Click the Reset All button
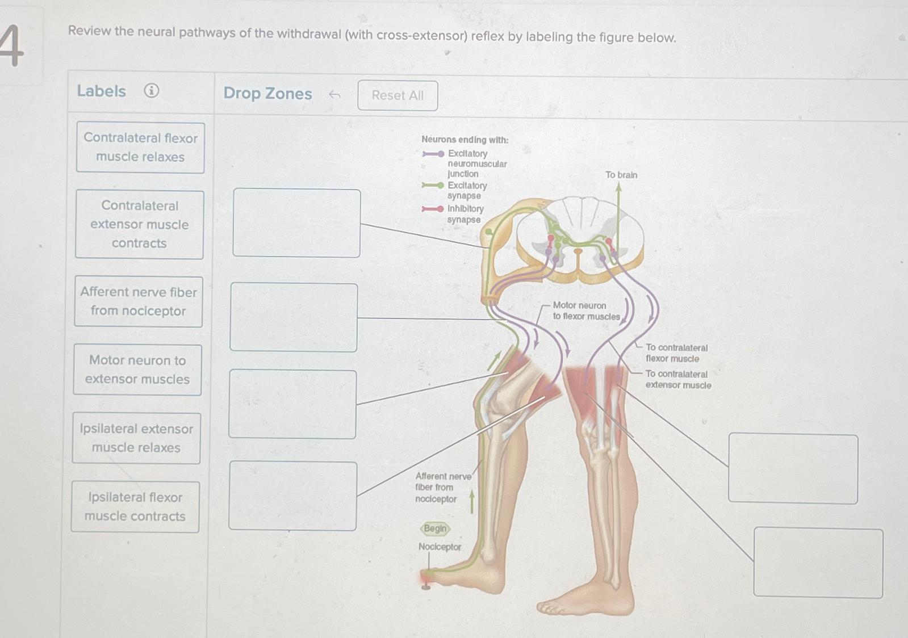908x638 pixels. click(x=397, y=95)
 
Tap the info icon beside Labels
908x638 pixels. click(x=152, y=90)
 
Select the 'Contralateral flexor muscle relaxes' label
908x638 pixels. click(x=140, y=148)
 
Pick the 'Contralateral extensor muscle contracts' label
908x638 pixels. click(x=140, y=224)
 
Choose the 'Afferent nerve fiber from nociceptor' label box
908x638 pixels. click(x=139, y=301)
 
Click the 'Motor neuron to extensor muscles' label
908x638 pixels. click(x=137, y=370)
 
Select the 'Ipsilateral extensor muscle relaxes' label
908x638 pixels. click(x=136, y=438)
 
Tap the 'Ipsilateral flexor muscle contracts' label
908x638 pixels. click(x=135, y=507)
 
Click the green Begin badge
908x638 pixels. click(x=436, y=528)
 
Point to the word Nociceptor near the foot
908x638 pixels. click(x=440, y=547)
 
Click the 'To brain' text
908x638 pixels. click(x=621, y=175)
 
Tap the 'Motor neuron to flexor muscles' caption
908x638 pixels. click(x=587, y=310)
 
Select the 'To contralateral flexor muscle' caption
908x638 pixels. click(x=676, y=353)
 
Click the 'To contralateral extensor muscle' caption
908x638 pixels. click(x=678, y=379)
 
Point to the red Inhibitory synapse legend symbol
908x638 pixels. click(x=433, y=209)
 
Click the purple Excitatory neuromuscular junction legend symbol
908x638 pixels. click(x=433, y=154)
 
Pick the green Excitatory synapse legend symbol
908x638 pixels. click(x=433, y=185)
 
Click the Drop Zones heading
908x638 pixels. click(x=267, y=93)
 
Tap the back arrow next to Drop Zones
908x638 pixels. click(x=334, y=95)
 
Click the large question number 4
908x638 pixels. click(x=12, y=45)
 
